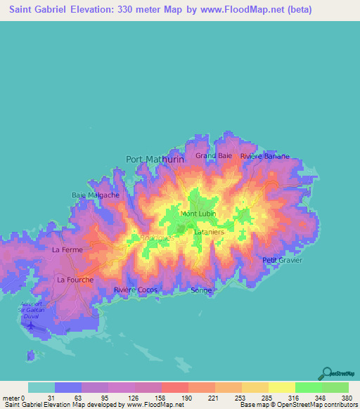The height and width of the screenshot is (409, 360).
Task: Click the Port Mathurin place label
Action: click(155, 159)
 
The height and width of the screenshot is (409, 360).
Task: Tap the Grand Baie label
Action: click(214, 155)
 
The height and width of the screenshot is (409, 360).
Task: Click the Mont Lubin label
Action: click(198, 214)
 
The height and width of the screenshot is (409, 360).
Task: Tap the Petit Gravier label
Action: click(282, 260)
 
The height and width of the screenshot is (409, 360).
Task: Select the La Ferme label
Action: click(67, 249)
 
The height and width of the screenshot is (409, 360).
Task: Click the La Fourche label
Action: click(74, 279)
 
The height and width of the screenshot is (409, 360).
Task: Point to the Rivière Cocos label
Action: click(135, 290)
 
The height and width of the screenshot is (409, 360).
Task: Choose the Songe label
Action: click(201, 290)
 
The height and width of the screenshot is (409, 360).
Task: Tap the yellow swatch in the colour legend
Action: click(281, 387)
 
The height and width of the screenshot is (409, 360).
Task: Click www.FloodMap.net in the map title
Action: click(230, 11)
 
